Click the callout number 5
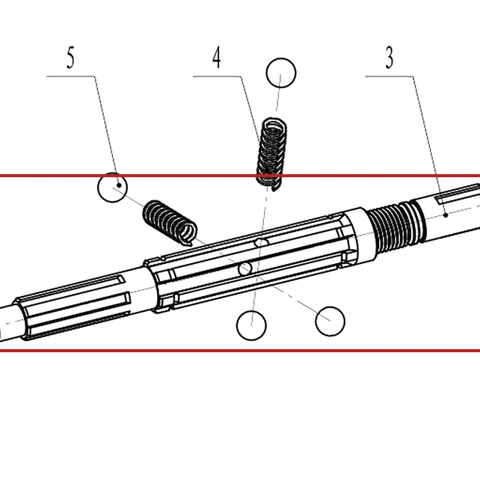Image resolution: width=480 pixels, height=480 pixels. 70,58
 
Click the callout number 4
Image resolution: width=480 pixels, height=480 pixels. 217,58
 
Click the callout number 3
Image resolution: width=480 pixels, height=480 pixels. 389,58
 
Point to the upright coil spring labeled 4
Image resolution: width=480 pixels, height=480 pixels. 271,155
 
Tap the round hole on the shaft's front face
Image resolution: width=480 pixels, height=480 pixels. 245,268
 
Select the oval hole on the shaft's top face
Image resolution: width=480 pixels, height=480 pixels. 261,243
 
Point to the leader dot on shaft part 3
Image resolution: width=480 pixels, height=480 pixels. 446,215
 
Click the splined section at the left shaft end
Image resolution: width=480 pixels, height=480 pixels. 73,306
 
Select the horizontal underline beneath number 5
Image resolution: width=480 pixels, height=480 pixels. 70,76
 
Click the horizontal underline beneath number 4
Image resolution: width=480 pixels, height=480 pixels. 217,76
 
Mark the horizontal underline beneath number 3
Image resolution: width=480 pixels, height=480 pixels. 389,76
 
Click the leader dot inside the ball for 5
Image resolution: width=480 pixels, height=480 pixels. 119,185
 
